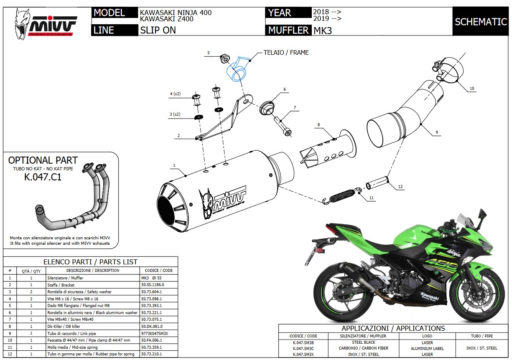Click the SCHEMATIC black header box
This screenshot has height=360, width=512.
(x=480, y=22)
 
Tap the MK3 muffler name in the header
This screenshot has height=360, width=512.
(x=322, y=30)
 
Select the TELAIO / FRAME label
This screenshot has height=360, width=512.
(x=286, y=53)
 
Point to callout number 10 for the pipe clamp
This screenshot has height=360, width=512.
(x=472, y=88)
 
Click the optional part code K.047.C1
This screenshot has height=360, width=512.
(x=43, y=177)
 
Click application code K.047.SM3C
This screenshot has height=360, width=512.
(x=303, y=348)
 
